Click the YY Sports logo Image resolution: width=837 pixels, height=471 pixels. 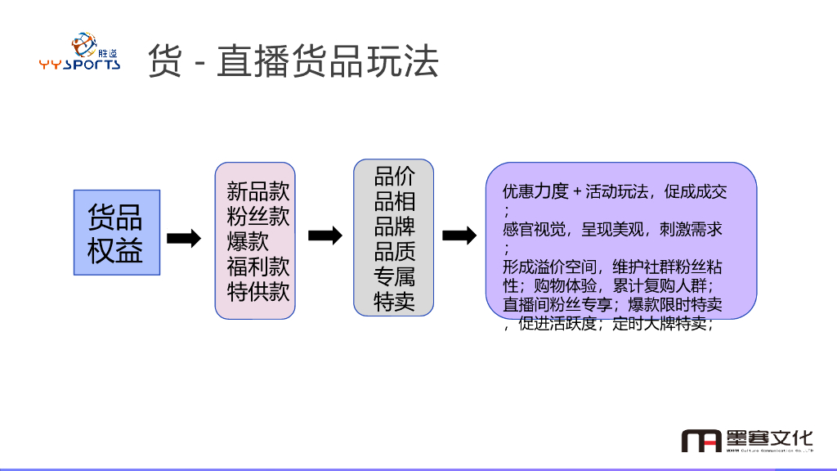tap(80, 52)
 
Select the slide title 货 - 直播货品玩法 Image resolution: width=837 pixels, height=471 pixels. tap(293, 61)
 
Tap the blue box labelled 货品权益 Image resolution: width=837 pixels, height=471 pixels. tap(116, 233)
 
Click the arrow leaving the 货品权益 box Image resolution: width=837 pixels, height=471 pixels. tap(184, 238)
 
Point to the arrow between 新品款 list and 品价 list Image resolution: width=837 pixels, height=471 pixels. tap(325, 235)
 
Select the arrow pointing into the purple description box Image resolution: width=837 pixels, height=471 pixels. tap(459, 235)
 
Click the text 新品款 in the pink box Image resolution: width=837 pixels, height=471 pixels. tap(258, 192)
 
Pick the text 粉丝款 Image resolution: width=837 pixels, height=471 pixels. tap(258, 217)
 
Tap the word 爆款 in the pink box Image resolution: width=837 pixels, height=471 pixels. tap(248, 241)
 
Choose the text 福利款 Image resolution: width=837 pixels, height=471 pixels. tap(258, 267)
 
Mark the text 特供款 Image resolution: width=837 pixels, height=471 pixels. tap(258, 292)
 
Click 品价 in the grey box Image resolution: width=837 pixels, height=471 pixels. tap(395, 176)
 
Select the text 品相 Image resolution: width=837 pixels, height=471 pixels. tap(395, 201)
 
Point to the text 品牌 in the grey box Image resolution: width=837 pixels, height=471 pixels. tap(395, 226)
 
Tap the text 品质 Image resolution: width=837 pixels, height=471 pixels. tap(395, 251)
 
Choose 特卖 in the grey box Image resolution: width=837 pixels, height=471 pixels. tap(395, 302)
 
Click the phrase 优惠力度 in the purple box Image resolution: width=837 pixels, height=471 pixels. tap(535, 192)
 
